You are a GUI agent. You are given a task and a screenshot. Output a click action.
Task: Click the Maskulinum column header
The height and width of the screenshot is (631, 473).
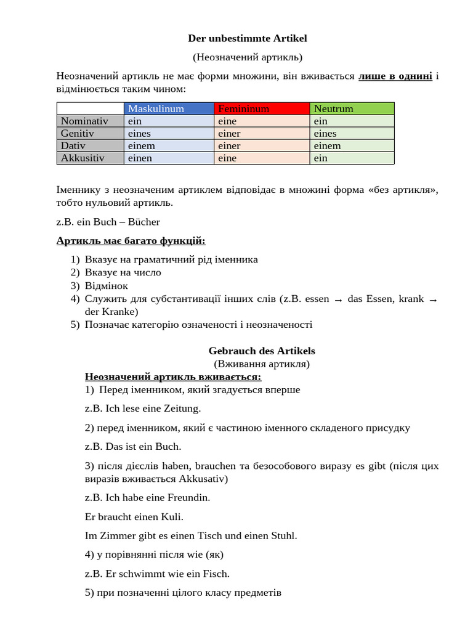click(x=156, y=109)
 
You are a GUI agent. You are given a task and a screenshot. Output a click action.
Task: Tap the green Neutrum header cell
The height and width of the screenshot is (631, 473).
click(x=333, y=109)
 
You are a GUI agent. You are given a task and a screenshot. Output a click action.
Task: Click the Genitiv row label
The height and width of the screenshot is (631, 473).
click(x=78, y=134)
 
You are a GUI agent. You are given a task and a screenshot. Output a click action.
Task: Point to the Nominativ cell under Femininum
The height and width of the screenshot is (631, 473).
click(x=227, y=121)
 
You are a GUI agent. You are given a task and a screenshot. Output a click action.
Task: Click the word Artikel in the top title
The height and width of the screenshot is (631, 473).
click(x=288, y=39)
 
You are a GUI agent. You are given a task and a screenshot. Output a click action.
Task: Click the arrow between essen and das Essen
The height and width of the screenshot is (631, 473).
click(x=338, y=299)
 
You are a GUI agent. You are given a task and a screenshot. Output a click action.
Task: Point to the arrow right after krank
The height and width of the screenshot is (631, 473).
click(x=433, y=299)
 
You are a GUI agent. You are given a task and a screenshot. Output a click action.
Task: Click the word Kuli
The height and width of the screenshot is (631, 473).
click(x=171, y=516)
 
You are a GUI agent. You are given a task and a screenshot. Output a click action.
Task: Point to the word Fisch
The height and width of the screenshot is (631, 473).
click(x=216, y=574)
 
